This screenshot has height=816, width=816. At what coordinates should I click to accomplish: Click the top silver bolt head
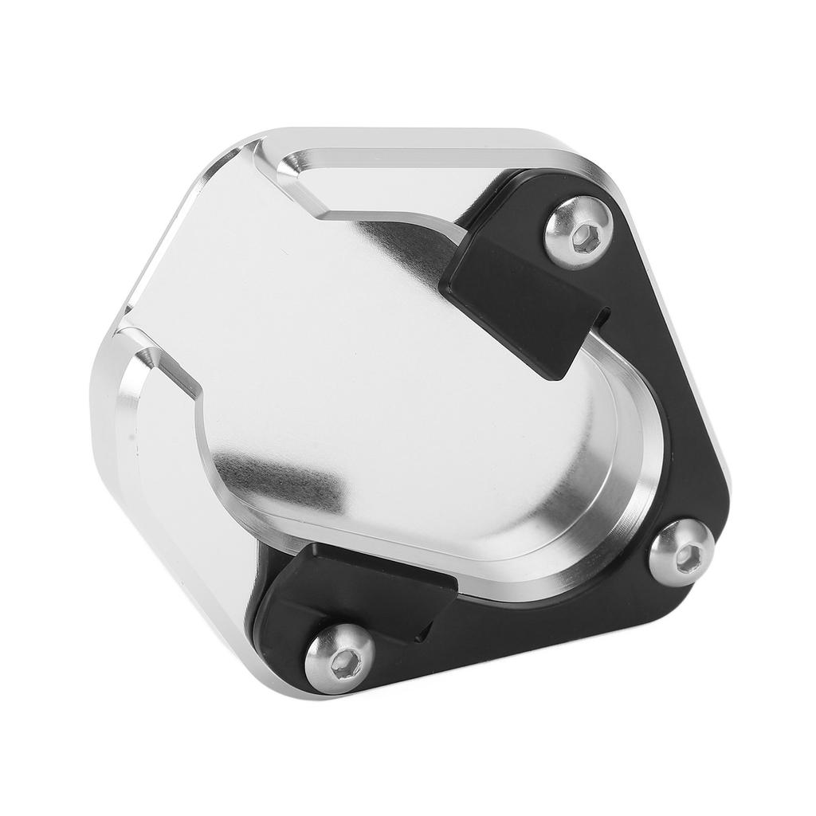click(578, 232)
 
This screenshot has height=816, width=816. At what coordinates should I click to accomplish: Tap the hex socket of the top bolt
click(586, 237)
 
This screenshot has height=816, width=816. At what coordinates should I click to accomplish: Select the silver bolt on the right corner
click(681, 552)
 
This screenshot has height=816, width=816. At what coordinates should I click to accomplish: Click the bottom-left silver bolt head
click(339, 657)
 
